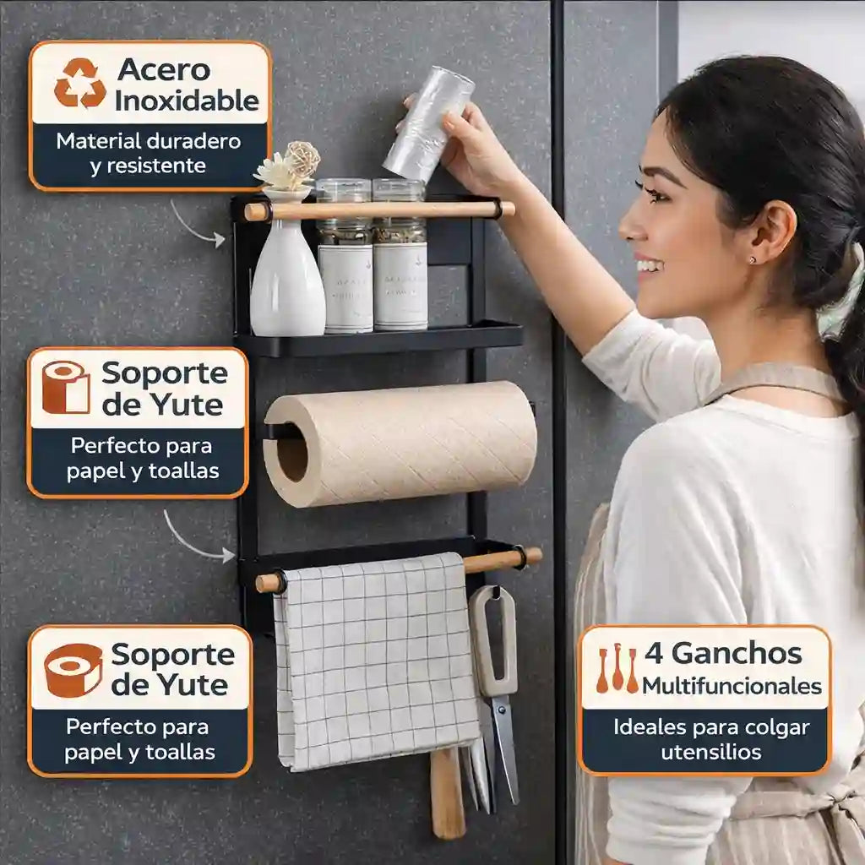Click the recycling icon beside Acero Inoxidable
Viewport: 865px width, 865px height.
pyautogui.click(x=80, y=84)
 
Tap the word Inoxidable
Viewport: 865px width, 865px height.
pyautogui.click(x=187, y=101)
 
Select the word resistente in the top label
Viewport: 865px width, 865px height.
pyautogui.click(x=148, y=165)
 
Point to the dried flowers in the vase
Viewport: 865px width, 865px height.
pyautogui.click(x=289, y=166)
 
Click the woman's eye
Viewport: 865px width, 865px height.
pyautogui.click(x=653, y=192)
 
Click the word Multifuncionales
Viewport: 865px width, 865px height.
pyautogui.click(x=732, y=685)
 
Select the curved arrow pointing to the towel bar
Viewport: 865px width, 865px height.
pyautogui.click(x=198, y=537)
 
